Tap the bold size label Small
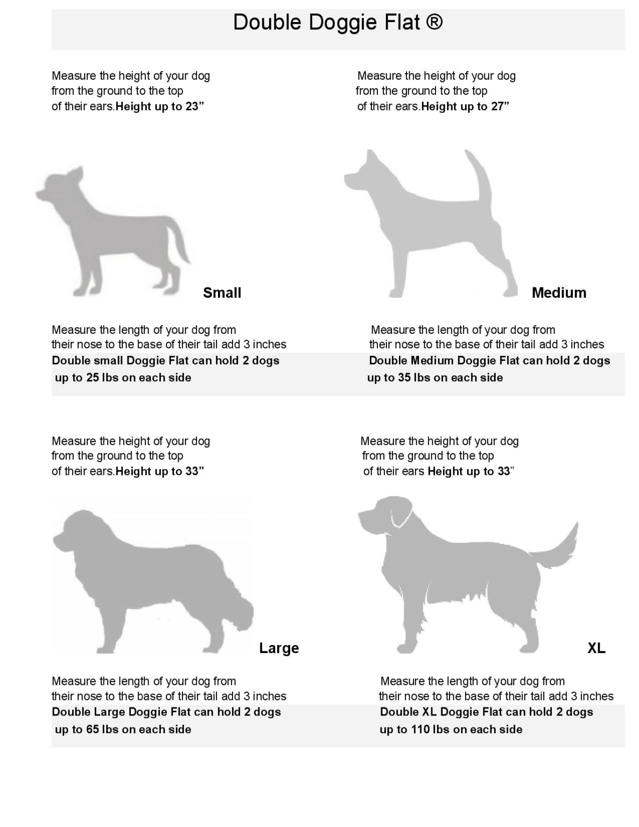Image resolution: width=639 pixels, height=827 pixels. (222, 293)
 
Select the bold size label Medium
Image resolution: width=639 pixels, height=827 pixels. (559, 293)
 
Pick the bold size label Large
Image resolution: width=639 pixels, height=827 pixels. (279, 648)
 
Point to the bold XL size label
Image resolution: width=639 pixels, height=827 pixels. (596, 648)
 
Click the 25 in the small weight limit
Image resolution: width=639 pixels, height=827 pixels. (93, 377)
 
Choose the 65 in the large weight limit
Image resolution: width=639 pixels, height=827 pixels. (93, 730)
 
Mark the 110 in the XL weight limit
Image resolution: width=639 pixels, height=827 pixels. (419, 730)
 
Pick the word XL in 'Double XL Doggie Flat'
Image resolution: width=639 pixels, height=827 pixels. (429, 712)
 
